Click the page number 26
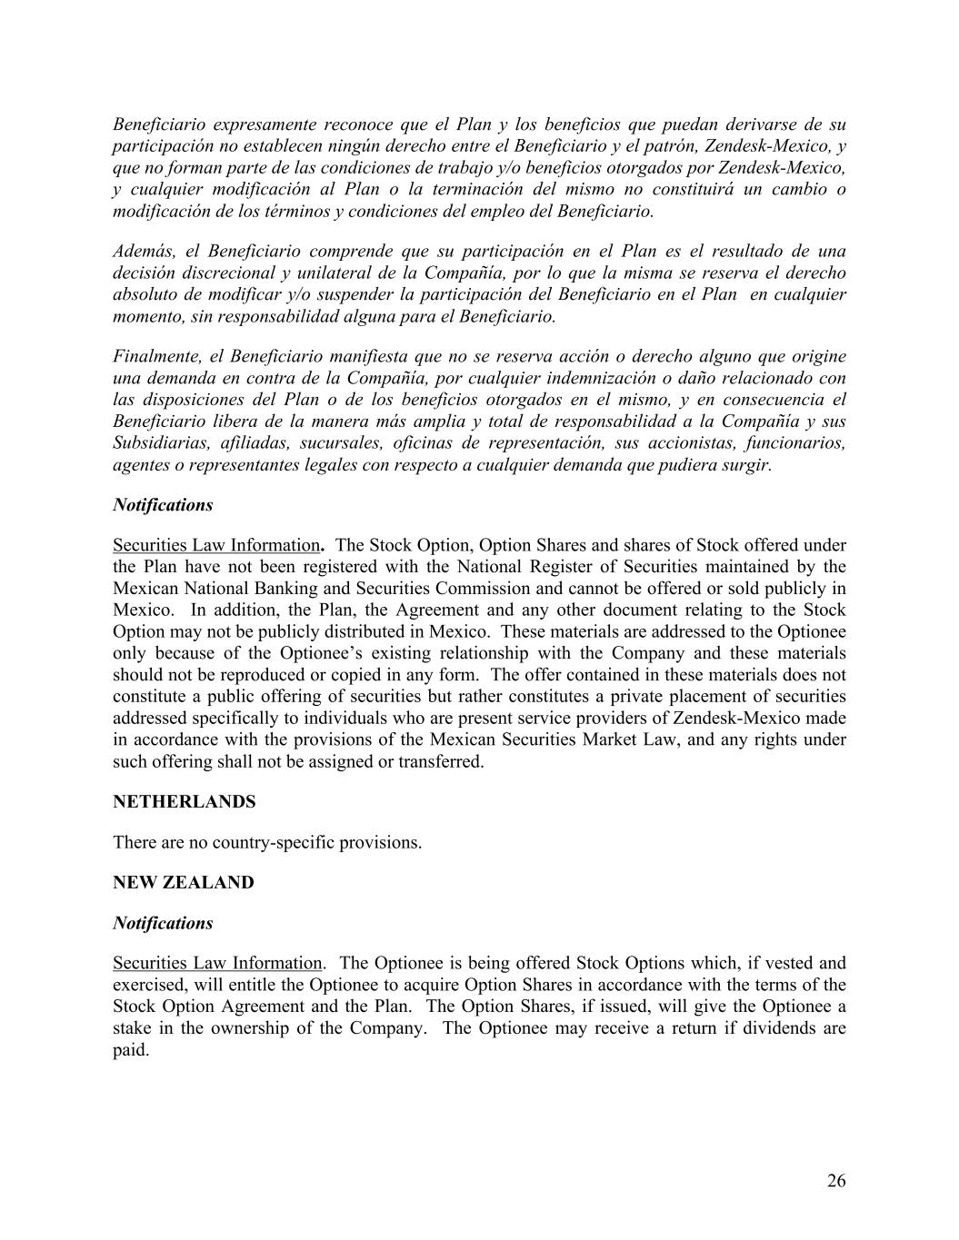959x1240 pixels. [836, 1181]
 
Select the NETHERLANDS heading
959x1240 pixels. [184, 802]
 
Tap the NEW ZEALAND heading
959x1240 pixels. [183, 883]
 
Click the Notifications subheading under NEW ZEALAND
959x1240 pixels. [163, 923]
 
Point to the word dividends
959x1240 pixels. [771, 1028]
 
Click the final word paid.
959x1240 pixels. [130, 1050]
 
